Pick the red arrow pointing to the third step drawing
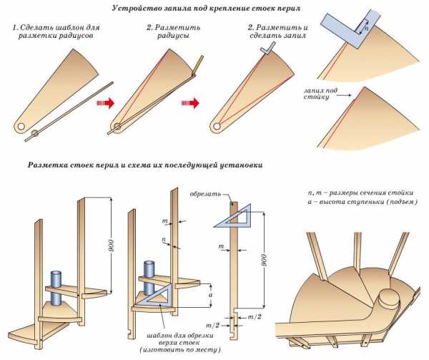click(192, 103)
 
